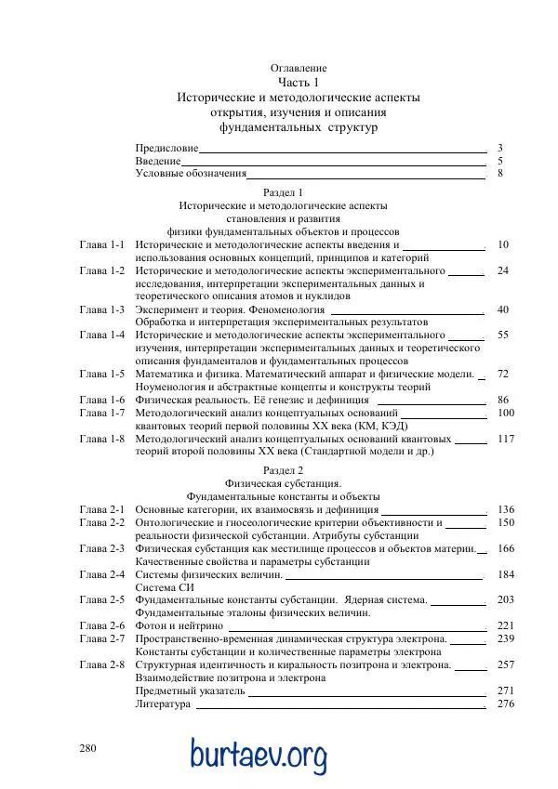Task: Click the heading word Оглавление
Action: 299,69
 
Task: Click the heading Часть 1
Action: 299,83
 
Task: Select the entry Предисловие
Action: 166,148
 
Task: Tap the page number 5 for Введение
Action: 500,161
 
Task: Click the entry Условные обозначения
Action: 191,173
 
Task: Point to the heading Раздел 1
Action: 284,192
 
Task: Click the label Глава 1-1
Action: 102,244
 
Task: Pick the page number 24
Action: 503,270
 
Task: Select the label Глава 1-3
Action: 102,309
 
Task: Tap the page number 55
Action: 503,335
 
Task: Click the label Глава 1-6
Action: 102,400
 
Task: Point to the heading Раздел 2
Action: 284,471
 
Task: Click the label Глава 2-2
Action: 102,523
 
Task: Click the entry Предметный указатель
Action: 191,691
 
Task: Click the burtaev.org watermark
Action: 259,754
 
